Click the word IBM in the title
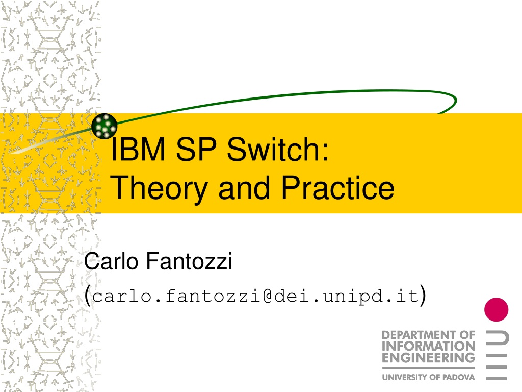coord(138,149)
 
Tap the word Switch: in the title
coord(278,149)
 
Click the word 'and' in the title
coord(244,188)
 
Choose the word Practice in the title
coord(338,188)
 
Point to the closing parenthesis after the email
coord(423,296)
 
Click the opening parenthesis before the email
coord(88,296)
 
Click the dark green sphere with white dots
coord(104,126)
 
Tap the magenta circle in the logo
coord(496,310)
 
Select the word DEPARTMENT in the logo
coord(416,335)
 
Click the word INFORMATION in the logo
coord(428,347)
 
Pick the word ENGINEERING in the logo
coord(428,358)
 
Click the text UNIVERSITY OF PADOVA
coord(428,377)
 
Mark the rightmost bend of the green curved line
coord(456,100)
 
